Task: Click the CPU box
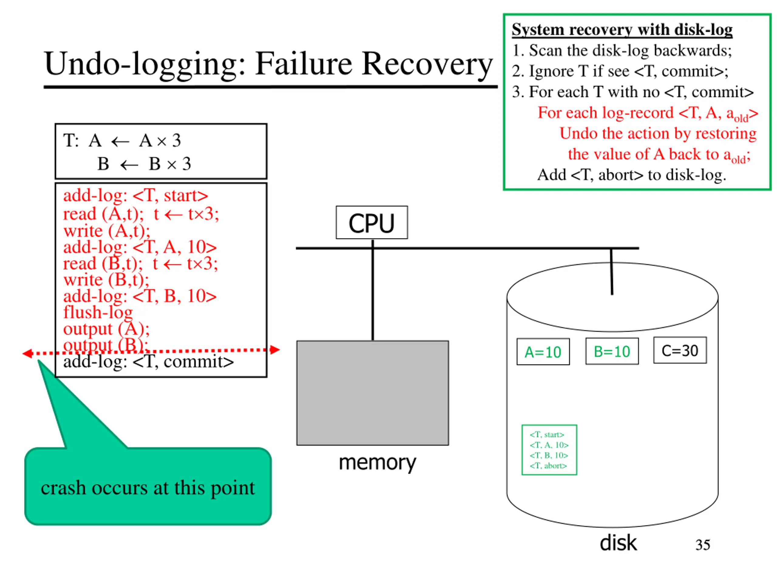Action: coord(372,223)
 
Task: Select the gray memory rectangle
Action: coord(372,393)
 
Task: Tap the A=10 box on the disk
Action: coord(543,352)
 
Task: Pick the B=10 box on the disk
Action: coord(612,351)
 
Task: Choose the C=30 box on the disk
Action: coord(680,350)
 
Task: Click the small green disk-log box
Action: coord(549,450)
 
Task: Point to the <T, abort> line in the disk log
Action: coord(548,465)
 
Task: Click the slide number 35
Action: coord(703,545)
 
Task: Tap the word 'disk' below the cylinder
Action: coord(618,543)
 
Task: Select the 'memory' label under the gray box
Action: coord(377,462)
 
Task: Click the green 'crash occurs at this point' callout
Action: coord(148,486)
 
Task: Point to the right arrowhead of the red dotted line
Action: coord(275,350)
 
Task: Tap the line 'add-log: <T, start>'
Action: coord(136,195)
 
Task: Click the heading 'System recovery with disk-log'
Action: coord(622,29)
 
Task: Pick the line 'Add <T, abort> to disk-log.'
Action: coord(632,175)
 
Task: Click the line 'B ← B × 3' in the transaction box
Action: coord(144,164)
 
